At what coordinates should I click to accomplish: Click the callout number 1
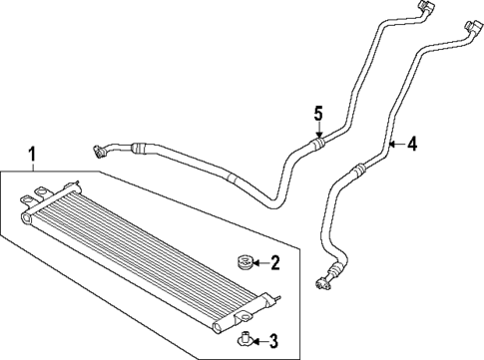33,155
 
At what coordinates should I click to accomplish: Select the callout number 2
274,263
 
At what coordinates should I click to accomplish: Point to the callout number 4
412,144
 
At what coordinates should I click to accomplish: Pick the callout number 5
318,114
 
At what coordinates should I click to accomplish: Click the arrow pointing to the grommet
257,263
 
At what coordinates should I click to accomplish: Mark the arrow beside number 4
396,145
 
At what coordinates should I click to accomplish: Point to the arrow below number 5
318,131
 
